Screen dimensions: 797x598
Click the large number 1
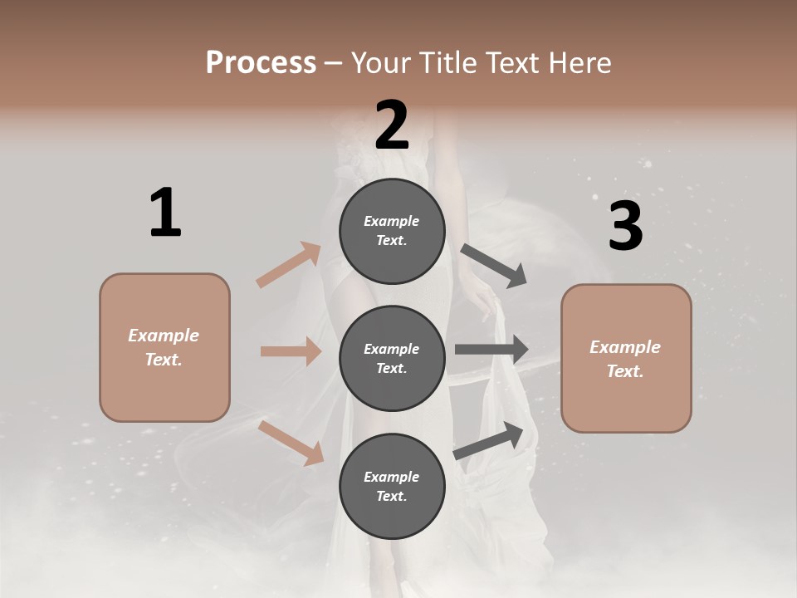click(x=165, y=213)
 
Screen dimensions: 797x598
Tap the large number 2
click(x=392, y=125)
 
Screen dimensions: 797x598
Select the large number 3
click(x=625, y=226)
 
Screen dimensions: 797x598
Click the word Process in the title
click(x=261, y=62)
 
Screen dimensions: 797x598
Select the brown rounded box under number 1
click(x=164, y=347)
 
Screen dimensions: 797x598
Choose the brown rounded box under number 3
click(x=626, y=358)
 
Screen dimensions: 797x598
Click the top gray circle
click(x=392, y=231)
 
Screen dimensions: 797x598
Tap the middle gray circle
click(x=392, y=358)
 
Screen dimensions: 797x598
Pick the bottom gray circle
click(x=392, y=486)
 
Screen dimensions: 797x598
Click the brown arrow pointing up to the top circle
click(x=289, y=265)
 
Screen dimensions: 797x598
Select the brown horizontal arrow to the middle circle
click(x=291, y=351)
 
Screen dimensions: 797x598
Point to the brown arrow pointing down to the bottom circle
click(x=291, y=442)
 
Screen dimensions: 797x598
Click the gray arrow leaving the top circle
click(x=493, y=265)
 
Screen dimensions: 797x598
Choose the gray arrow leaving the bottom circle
click(x=489, y=441)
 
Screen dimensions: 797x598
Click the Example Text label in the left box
click(x=164, y=347)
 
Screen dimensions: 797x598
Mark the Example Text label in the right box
click(x=626, y=359)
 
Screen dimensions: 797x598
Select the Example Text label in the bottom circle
click(x=392, y=486)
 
